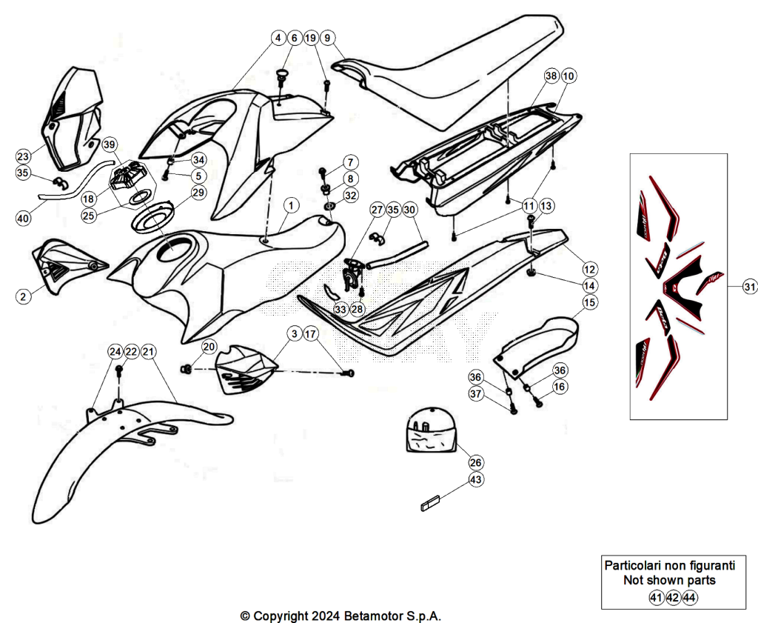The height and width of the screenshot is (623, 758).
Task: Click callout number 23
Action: (x=23, y=156)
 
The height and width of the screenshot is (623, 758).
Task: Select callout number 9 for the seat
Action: (x=327, y=38)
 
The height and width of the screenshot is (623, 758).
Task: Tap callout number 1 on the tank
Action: (x=290, y=205)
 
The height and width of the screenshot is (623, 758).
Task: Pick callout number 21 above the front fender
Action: (x=148, y=352)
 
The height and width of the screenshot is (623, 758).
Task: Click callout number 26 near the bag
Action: (x=476, y=462)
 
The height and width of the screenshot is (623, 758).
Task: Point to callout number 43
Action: (x=476, y=479)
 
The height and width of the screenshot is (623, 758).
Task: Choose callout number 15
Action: (x=589, y=303)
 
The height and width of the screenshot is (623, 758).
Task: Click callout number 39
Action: (x=110, y=144)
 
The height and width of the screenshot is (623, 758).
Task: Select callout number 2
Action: (x=23, y=296)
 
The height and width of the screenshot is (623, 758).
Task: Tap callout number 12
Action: (x=590, y=270)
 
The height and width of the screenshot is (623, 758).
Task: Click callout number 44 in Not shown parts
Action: (x=689, y=598)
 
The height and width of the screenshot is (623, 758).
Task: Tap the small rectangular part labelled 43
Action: (x=430, y=503)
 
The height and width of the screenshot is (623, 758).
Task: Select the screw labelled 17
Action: (x=348, y=373)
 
